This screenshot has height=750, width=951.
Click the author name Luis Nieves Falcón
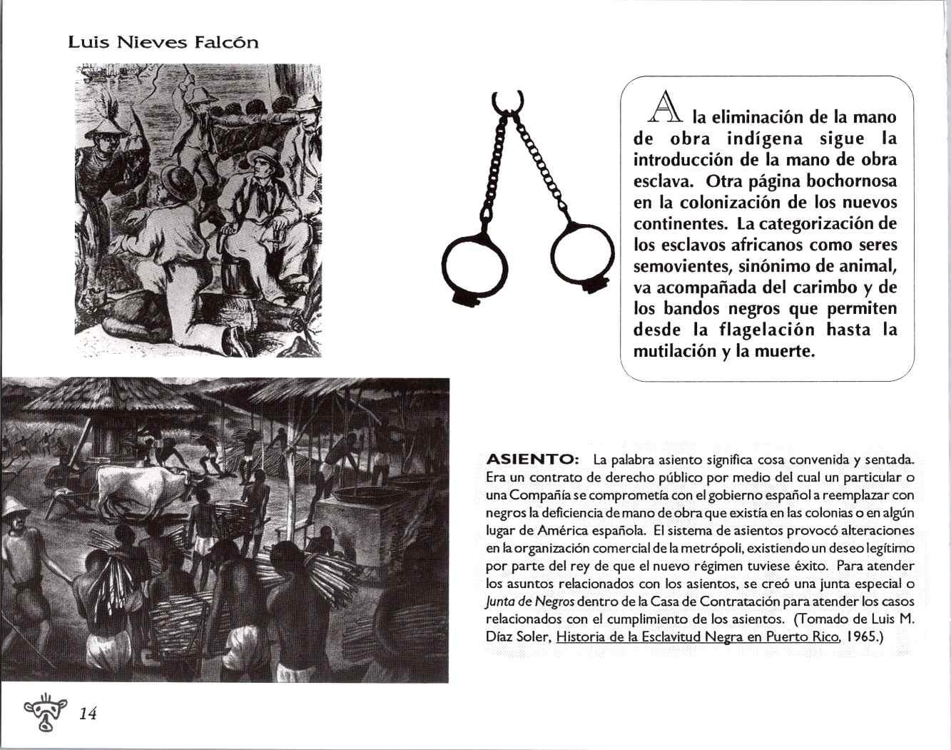(163, 42)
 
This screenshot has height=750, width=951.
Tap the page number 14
(88, 713)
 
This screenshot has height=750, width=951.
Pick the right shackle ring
(581, 253)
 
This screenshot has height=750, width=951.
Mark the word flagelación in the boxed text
(764, 330)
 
